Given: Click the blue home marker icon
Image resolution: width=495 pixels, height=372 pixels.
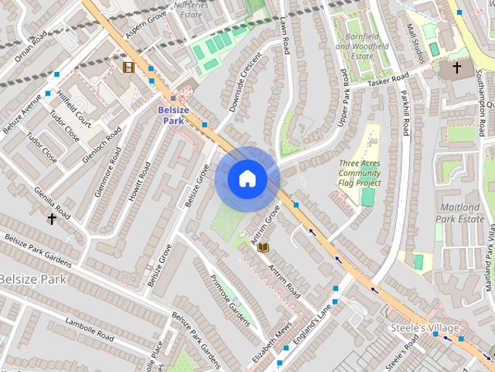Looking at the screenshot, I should pos(247,179).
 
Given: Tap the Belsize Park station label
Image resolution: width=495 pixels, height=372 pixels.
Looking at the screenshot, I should pos(173,115).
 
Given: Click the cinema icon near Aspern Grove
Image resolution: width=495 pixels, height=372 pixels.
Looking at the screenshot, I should pos(128,67).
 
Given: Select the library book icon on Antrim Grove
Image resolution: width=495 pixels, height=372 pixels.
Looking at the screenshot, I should pos(263,246).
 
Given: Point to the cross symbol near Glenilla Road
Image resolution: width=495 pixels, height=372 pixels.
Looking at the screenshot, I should pos(52,219).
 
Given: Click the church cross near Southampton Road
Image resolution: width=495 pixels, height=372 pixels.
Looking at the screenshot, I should pos(456,68).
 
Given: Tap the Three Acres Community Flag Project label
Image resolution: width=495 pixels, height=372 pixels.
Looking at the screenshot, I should pos(360,173).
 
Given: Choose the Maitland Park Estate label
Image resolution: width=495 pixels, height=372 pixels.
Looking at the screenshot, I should pos(461,213).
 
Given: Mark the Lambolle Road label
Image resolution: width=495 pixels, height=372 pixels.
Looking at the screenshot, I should pos(91,336).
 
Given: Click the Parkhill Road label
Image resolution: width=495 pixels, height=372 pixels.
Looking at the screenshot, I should pos(404,113).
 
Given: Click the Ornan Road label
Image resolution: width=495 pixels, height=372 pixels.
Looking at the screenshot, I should pos(30,47).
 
